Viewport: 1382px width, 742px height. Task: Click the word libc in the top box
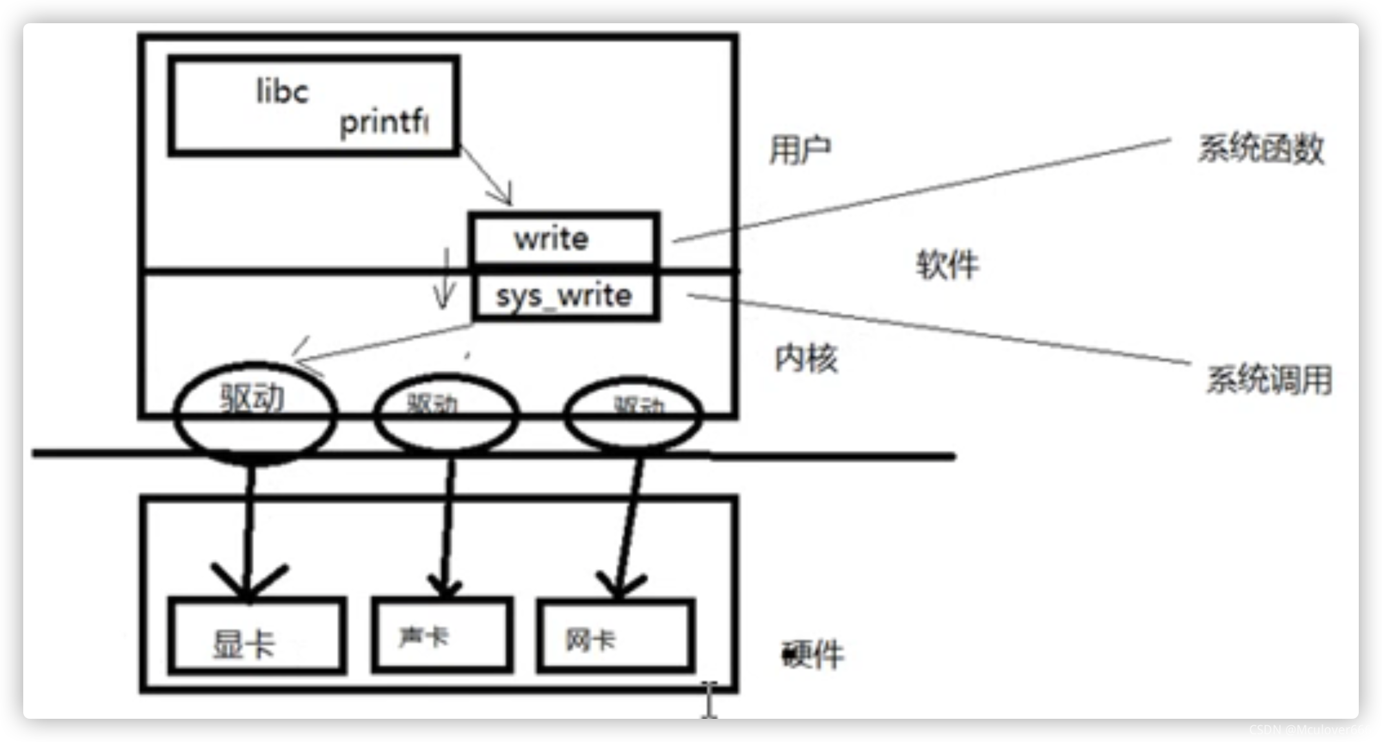point(283,92)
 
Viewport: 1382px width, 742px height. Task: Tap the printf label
point(383,121)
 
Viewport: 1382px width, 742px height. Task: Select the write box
point(563,239)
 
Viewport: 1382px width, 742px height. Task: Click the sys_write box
point(565,296)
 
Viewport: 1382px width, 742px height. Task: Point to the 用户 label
point(800,150)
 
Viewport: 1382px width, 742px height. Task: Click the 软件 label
point(947,265)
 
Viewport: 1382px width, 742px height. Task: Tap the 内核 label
point(806,358)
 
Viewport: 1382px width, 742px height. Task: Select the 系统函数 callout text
point(1261,148)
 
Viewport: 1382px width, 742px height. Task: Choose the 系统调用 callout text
point(1269,379)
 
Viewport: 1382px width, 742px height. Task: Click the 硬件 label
point(812,655)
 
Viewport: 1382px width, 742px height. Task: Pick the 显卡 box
point(257,636)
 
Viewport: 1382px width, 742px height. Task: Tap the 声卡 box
point(442,636)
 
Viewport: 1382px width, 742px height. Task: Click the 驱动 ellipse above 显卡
point(255,413)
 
